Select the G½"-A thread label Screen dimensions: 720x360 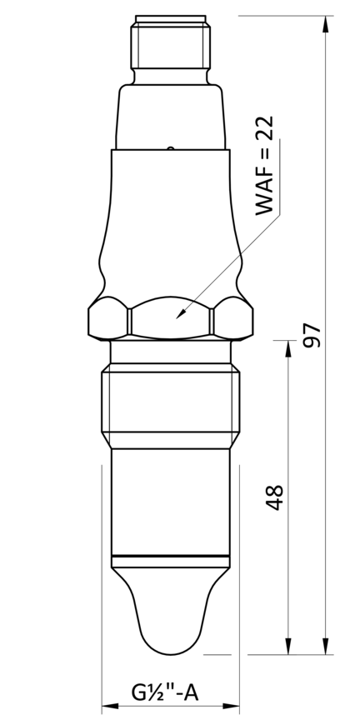coord(164,692)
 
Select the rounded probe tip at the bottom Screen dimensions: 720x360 coord(171,617)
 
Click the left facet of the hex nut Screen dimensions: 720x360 coord(108,319)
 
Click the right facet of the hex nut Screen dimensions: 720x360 coord(232,319)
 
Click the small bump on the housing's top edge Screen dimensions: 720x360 coord(170,149)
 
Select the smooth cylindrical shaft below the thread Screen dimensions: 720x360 coord(170,500)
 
